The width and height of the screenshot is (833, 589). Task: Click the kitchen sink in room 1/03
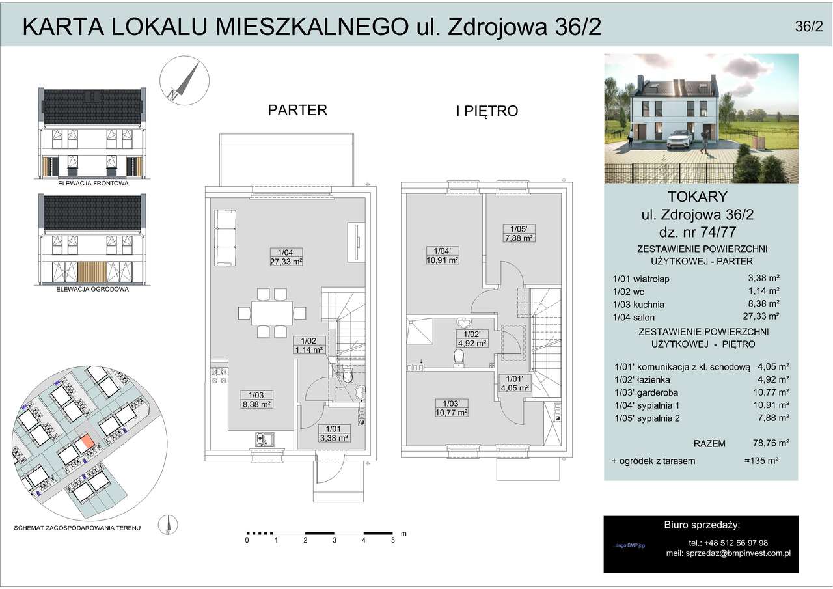pyautogui.click(x=264, y=439)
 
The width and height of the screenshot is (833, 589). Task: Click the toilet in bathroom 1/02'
pyautogui.click(x=459, y=358)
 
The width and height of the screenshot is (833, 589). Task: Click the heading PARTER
pyautogui.click(x=297, y=110)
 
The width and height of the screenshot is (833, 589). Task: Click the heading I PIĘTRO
pyautogui.click(x=487, y=111)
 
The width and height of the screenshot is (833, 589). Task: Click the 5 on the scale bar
pyautogui.click(x=393, y=540)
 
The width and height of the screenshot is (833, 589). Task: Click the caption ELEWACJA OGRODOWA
pyautogui.click(x=92, y=288)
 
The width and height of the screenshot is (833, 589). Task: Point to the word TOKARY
pyautogui.click(x=701, y=197)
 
